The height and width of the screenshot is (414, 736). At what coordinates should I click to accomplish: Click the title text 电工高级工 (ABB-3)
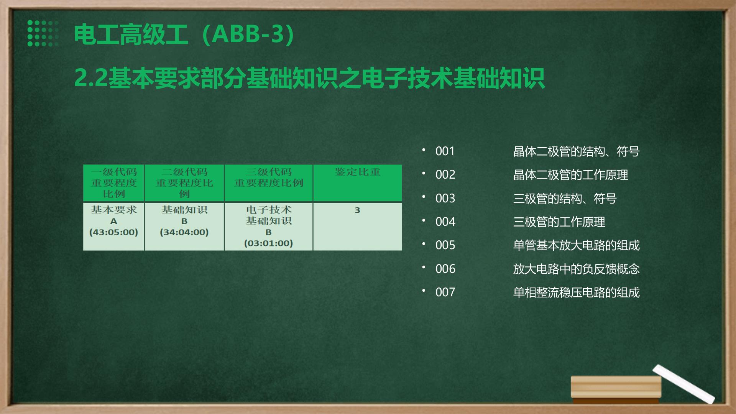pos(184,34)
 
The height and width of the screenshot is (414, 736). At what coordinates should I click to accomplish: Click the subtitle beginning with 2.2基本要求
pos(309,78)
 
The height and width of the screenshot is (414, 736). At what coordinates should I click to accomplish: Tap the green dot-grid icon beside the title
pos(43,33)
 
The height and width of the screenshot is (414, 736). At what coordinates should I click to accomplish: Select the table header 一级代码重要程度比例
pos(114,182)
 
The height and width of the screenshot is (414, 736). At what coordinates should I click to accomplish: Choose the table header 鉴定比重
pos(357,172)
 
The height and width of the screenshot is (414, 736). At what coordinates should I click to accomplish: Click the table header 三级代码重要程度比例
pos(268,177)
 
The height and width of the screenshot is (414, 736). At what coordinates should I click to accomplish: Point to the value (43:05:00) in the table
pos(113,232)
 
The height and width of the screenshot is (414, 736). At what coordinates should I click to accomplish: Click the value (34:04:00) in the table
pos(184,232)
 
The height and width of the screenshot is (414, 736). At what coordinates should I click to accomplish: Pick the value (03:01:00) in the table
pos(268,243)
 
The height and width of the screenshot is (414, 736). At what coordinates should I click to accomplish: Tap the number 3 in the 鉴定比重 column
pos(357,210)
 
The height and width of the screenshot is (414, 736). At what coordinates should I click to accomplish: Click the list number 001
pos(445,151)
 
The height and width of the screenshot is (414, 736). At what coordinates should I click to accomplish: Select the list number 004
pos(445,222)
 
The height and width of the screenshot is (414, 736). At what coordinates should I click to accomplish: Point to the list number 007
pos(445,292)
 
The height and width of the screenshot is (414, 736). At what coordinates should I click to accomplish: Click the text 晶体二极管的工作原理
pos(570,175)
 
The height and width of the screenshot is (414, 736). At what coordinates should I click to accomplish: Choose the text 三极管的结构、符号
pos(565,198)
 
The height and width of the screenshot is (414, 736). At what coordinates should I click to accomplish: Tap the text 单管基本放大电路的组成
pos(576,245)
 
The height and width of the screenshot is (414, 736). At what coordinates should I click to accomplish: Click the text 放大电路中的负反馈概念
pos(576,269)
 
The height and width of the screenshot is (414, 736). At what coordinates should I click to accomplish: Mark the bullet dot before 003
pos(424,196)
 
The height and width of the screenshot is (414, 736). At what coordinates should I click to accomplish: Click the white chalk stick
pos(683,384)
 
